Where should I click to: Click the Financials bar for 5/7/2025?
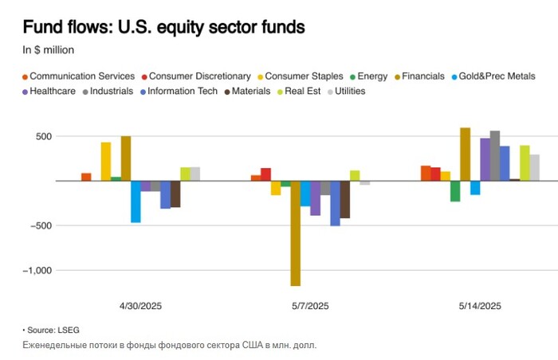click(295, 233)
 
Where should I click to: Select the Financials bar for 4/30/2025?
click(126, 158)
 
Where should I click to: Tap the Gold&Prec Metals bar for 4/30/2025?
click(136, 202)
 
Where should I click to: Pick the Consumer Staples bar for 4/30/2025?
click(106, 162)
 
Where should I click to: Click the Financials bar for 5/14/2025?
click(466, 155)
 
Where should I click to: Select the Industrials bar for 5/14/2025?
click(495, 156)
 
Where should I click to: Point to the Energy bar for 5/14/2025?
click(455, 191)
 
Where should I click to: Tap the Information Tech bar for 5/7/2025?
click(335, 203)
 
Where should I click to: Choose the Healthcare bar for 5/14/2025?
click(485, 159)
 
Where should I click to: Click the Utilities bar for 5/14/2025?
click(535, 167)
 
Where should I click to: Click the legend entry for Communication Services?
click(78, 76)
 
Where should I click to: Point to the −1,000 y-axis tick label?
click(36, 270)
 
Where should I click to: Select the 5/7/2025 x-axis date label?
click(306, 306)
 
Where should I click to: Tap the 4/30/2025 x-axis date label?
click(140, 306)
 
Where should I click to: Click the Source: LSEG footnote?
click(51, 330)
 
